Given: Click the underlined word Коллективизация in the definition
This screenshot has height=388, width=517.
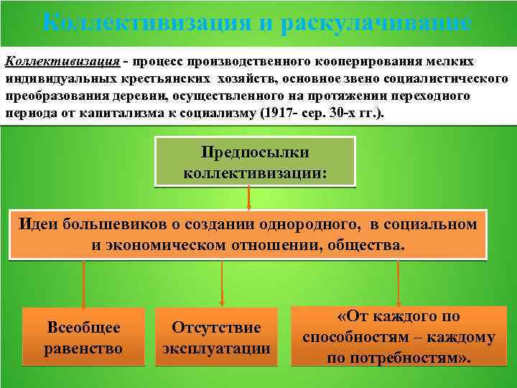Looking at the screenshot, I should click(x=61, y=62).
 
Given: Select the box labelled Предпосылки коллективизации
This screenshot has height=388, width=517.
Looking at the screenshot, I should click(x=256, y=162).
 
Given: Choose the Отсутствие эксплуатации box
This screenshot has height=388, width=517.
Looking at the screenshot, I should click(x=216, y=338).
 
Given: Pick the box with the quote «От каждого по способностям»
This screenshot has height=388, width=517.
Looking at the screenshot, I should click(x=399, y=337).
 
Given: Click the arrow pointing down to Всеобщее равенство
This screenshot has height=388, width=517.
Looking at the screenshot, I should click(x=84, y=284).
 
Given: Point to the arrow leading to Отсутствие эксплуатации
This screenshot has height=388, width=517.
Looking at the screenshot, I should click(x=222, y=284).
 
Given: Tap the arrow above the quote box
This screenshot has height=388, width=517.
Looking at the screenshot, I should click(x=399, y=282).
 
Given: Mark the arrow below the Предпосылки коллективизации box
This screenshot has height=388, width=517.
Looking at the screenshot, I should click(x=248, y=198).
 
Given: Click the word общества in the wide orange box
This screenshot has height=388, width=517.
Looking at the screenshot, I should click(x=365, y=245).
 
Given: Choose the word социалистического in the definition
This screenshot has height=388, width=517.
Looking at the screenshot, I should click(x=452, y=79).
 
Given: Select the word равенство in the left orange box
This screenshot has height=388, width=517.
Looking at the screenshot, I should click(x=83, y=348).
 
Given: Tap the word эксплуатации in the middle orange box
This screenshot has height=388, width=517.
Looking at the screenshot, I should click(x=216, y=348).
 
